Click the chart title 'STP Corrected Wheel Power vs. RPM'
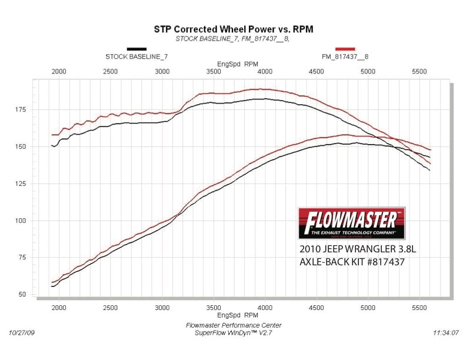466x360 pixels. (233, 28)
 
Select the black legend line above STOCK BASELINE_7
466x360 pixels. (137, 49)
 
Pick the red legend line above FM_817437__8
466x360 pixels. (345, 49)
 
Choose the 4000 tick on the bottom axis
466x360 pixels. (265, 308)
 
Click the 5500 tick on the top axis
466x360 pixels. (419, 71)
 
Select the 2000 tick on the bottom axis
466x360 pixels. (59, 308)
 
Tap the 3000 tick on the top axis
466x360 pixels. (162, 71)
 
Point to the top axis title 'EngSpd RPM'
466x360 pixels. (237, 64)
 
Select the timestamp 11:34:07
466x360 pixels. (445, 333)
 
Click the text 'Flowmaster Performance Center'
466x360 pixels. (234, 325)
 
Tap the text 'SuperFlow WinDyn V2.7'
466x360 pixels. (234, 334)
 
